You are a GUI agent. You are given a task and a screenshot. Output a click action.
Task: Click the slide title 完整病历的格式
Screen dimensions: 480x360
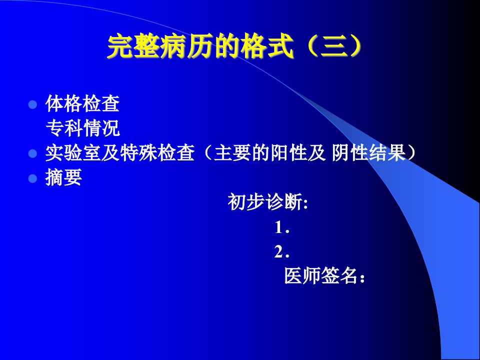200,47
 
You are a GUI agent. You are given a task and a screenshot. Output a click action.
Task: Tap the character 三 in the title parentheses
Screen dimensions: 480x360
334,47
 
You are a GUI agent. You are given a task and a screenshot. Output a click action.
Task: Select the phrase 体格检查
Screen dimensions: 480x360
82,103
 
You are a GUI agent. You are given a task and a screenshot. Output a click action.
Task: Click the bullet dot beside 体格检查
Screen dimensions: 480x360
32,104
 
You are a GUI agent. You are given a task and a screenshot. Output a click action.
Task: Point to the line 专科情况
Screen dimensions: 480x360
82,128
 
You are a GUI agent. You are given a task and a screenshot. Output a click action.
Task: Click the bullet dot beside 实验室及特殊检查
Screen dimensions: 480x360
32,153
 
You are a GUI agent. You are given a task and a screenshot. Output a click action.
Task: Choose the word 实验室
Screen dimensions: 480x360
73,153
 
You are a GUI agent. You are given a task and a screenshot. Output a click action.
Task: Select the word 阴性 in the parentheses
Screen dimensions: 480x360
350,153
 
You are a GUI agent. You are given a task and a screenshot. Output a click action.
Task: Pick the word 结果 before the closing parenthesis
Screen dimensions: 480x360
387,153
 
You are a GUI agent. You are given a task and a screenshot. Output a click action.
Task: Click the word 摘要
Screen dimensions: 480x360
63,177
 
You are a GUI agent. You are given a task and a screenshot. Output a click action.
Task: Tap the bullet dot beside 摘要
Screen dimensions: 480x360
32,178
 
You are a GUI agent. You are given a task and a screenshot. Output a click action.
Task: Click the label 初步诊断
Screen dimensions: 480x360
267,201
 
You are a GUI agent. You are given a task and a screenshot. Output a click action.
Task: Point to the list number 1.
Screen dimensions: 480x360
281,227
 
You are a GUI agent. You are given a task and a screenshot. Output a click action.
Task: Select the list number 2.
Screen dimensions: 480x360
281,252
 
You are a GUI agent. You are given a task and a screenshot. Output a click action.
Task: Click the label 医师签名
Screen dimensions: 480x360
325,275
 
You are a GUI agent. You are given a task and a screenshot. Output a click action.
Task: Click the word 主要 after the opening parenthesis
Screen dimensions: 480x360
232,153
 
